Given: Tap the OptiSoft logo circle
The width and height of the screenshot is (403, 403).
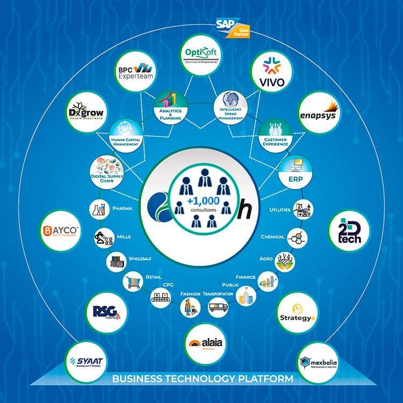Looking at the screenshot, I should point(200,55).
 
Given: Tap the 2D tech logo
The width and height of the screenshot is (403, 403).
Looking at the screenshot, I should point(349,231).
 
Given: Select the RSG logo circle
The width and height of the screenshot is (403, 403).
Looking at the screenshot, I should point(106,312).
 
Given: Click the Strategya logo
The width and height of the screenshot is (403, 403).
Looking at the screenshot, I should point(297,312).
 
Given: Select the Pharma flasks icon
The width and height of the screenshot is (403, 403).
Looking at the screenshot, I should point(97,209).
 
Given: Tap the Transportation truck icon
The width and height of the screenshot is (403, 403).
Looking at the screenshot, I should point(218,307).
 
